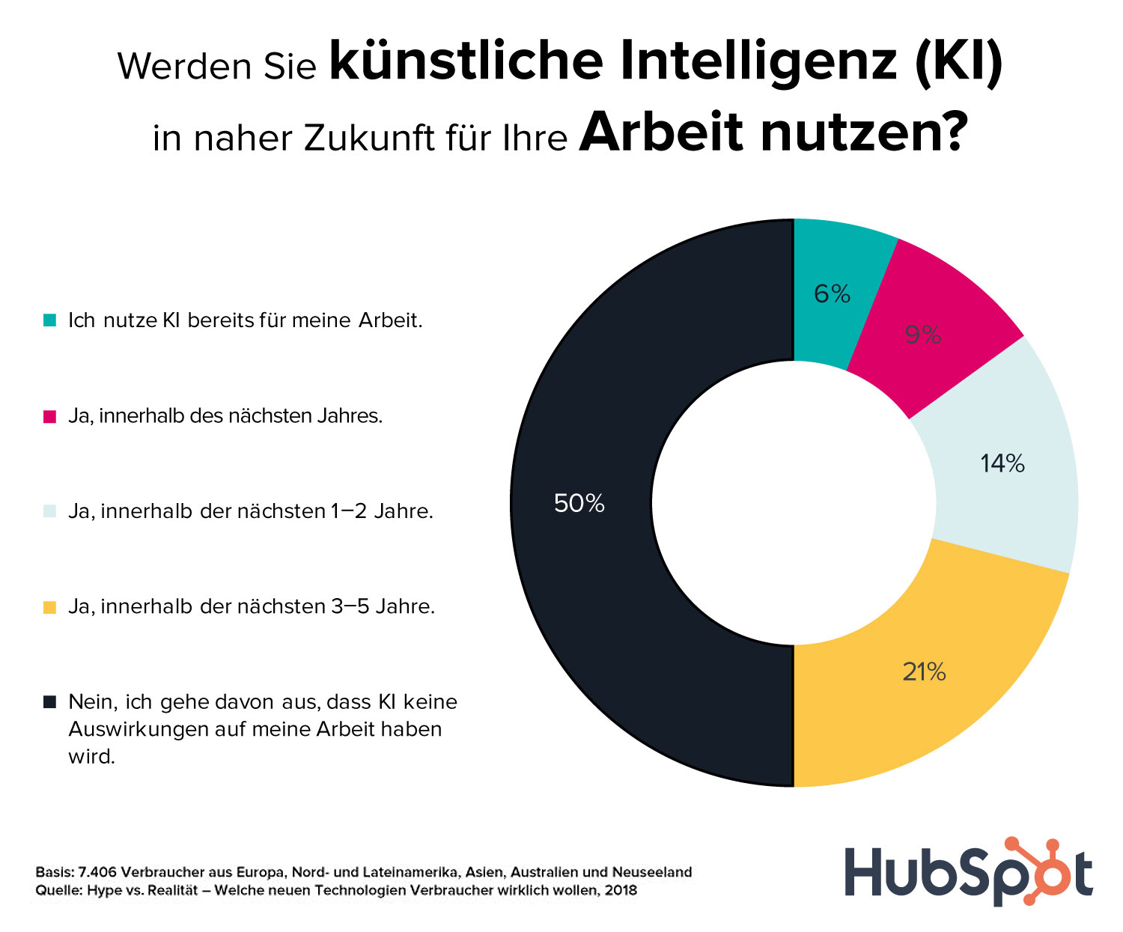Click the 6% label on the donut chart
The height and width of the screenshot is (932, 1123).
tap(832, 294)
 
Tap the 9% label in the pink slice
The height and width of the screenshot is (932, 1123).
tap(922, 335)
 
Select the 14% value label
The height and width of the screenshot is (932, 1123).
tap(1002, 464)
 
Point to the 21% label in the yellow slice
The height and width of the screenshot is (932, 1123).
tap(924, 672)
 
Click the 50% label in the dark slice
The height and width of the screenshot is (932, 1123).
tap(579, 504)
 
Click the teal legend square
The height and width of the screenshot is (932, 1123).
tap(49, 321)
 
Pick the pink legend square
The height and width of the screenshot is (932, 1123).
tap(49, 417)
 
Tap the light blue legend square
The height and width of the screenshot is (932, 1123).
tap(49, 512)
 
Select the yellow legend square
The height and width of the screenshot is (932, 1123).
tap(49, 607)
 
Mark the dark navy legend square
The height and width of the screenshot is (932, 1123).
tap(49, 702)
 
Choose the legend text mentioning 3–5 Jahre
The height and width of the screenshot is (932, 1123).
tap(252, 607)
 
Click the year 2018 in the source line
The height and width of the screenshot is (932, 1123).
tap(621, 891)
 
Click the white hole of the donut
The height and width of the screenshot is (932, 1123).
tap(794, 503)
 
